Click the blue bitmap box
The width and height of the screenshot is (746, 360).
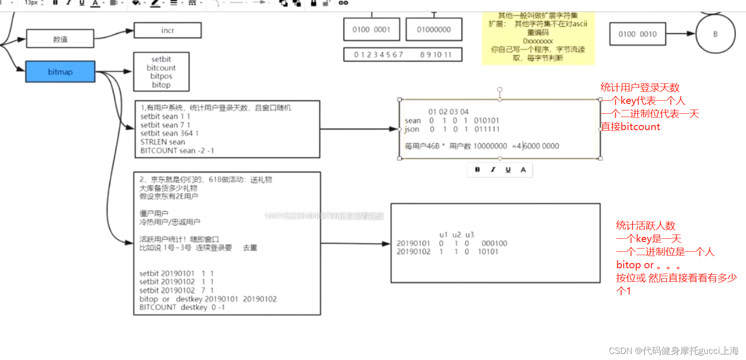click(x=60, y=72)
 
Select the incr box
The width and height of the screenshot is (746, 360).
click(x=168, y=30)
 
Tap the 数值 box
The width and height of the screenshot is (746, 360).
click(x=60, y=39)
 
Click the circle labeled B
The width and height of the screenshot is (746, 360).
click(x=715, y=34)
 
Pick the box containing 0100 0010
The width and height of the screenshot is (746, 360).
click(x=637, y=34)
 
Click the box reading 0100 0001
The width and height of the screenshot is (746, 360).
click(x=371, y=29)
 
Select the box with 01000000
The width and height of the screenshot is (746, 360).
click(x=434, y=29)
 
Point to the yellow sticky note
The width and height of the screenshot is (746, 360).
click(x=538, y=37)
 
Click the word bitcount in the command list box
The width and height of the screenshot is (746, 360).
click(x=161, y=68)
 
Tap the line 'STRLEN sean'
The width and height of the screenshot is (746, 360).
click(x=162, y=142)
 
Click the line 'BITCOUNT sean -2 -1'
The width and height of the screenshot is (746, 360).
click(x=177, y=150)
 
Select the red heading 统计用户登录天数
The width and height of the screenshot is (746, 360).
click(x=640, y=88)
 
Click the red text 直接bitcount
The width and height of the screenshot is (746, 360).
click(x=630, y=127)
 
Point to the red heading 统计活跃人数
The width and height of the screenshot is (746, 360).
click(x=645, y=226)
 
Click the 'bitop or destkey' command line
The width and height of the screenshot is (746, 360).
click(x=208, y=299)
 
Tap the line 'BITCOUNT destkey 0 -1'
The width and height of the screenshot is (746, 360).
click(x=182, y=307)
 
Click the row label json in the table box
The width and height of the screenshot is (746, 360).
click(x=412, y=129)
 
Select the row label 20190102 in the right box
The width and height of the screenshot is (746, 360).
click(x=413, y=252)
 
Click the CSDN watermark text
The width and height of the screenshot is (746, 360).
click(x=673, y=351)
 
